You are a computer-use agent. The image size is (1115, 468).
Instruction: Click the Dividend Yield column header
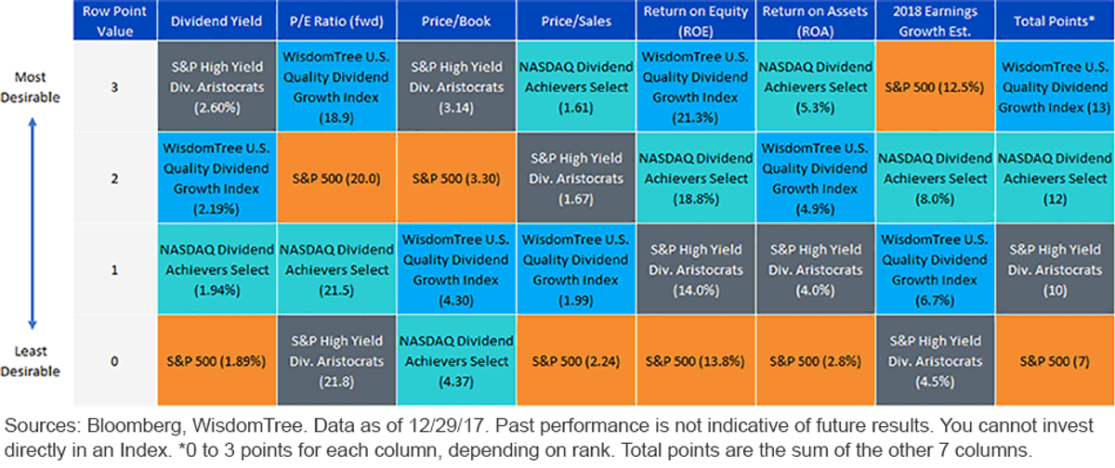tap(216, 20)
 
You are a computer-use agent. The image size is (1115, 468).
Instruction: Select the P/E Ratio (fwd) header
tap(336, 20)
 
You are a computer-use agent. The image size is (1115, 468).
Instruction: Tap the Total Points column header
tap(1055, 20)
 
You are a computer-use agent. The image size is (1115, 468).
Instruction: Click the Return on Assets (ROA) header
tap(816, 20)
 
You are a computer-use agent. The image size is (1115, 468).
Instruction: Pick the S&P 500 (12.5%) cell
tap(935, 86)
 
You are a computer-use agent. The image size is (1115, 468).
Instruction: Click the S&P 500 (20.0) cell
tap(336, 178)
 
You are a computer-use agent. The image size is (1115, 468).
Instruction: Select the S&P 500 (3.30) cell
tap(456, 178)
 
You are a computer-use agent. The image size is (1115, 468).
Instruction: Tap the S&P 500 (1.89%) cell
tap(216, 360)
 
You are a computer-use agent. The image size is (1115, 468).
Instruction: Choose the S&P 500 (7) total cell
tap(1055, 360)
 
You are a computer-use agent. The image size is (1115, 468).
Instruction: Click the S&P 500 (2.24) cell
tap(576, 360)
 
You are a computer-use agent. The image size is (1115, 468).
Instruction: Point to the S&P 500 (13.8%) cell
tap(695, 360)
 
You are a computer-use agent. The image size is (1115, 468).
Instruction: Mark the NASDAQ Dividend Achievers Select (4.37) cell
tap(456, 360)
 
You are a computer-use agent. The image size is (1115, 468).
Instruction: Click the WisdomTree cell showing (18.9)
tap(336, 86)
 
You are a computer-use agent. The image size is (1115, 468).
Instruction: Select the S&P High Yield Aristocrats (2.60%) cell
tap(216, 86)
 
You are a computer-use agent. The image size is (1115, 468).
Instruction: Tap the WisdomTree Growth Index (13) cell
tap(1055, 86)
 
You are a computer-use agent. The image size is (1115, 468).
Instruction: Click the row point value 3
tap(114, 87)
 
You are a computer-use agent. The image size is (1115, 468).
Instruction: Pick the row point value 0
tap(114, 361)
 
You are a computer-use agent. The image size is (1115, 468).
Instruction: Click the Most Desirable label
tap(31, 87)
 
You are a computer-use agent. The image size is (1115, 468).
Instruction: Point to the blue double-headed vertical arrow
tap(33, 223)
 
